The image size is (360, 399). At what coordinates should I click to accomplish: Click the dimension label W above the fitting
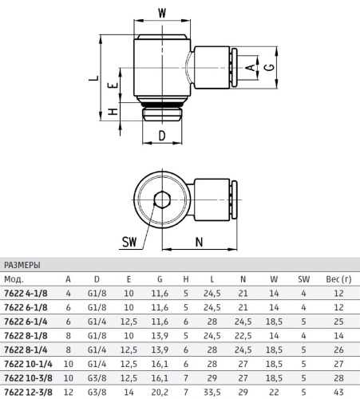pyautogui.click(x=162, y=13)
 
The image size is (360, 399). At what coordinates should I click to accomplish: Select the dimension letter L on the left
pyautogui.click(x=93, y=78)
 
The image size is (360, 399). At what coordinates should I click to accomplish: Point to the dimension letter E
pyautogui.click(x=113, y=85)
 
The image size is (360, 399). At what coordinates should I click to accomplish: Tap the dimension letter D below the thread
pyautogui.click(x=162, y=136)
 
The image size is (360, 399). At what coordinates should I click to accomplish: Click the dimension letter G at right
pyautogui.click(x=270, y=67)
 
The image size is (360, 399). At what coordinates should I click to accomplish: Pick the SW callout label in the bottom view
pyautogui.click(x=129, y=242)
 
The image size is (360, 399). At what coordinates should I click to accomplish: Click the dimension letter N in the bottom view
pyautogui.click(x=199, y=242)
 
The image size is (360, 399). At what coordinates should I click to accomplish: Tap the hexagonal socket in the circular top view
pyautogui.click(x=162, y=199)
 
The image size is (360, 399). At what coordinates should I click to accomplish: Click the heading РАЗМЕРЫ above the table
pyautogui.click(x=22, y=265)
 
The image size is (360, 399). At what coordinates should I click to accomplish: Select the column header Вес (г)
pyautogui.click(x=338, y=279)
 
